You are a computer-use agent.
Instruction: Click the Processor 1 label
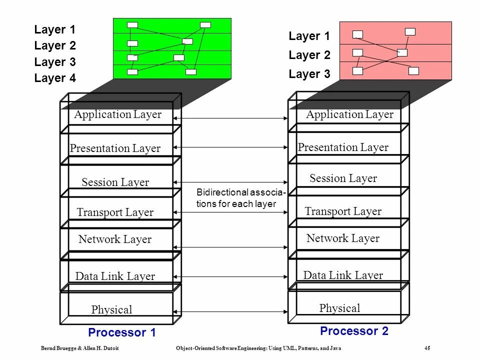[x=122, y=332]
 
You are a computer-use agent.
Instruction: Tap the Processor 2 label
[x=354, y=331]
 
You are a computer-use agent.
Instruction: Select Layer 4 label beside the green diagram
[x=55, y=78]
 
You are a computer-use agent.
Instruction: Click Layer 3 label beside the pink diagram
[x=309, y=74]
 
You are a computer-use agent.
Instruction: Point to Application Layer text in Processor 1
[x=118, y=114]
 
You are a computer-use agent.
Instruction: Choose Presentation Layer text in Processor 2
[x=343, y=147]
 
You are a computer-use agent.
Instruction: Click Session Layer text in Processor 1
[x=115, y=182]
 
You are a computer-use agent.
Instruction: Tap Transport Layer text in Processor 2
[x=343, y=211]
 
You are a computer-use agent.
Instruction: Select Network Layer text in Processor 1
[x=115, y=239]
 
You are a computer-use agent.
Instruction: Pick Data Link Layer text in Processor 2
[x=343, y=275]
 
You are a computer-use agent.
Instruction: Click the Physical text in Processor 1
[x=111, y=309]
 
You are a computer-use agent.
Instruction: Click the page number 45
[x=427, y=348]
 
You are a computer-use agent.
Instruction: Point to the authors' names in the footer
[x=80, y=348]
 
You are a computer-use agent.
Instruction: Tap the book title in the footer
[x=258, y=348]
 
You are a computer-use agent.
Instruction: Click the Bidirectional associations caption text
[x=241, y=198]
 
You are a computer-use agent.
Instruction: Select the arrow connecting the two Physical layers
[x=230, y=312]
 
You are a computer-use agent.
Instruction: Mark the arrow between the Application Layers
[x=230, y=118]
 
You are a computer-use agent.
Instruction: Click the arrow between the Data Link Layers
[x=230, y=276]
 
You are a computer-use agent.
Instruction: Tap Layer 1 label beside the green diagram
[x=55, y=29]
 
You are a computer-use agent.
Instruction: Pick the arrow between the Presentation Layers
[x=230, y=147]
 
